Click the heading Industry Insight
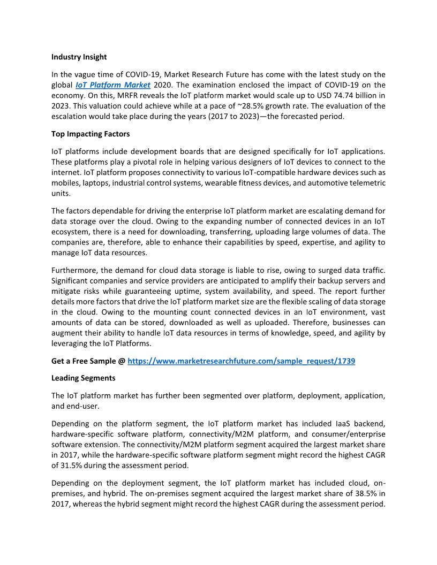(79, 57)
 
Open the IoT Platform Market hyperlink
(112, 85)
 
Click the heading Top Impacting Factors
(91, 134)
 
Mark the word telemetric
(366, 183)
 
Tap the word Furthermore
(75, 270)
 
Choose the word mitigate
(67, 292)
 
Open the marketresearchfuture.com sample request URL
(241, 361)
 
